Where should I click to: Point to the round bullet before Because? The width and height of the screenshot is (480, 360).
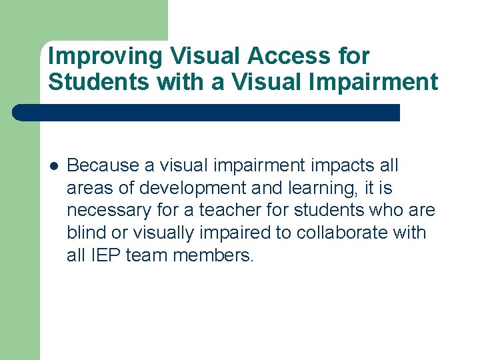pyautogui.click(x=53, y=165)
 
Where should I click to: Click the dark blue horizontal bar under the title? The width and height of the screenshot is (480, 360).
pyautogui.click(x=207, y=112)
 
